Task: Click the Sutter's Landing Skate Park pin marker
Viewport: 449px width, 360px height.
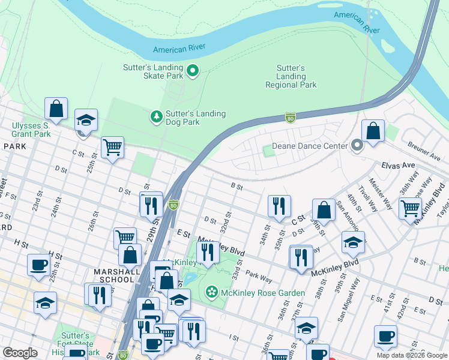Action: pos(193,72)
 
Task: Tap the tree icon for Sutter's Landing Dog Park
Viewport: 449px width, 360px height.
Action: pos(157,116)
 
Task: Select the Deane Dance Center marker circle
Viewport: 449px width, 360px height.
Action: pos(358,146)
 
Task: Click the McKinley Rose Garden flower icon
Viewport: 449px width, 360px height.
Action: pos(211,292)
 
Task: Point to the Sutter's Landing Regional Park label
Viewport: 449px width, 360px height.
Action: pos(291,77)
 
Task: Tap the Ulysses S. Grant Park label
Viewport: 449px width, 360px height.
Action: pos(31,130)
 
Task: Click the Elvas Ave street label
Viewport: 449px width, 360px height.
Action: pos(398,164)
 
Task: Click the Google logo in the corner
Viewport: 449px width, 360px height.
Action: pos(20,353)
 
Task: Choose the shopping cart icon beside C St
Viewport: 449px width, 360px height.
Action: pos(112,146)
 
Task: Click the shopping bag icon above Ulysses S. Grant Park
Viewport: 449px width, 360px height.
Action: pos(56,109)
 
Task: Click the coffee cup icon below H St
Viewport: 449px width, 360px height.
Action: pos(38,265)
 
